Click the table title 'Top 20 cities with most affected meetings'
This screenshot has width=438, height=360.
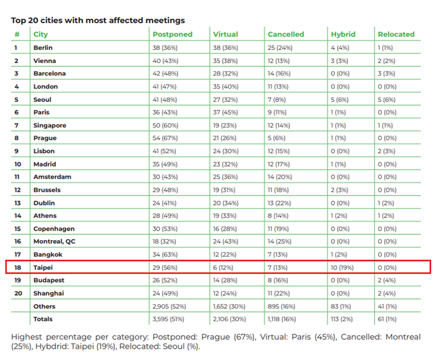[98, 21]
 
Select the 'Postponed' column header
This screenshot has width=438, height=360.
[173, 34]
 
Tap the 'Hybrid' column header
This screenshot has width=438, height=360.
[343, 34]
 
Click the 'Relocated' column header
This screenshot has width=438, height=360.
[396, 34]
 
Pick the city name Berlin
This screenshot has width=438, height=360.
[43, 47]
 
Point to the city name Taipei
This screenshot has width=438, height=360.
[43, 267]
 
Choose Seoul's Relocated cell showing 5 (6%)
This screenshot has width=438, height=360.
[388, 99]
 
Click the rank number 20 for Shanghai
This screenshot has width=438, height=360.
[18, 293]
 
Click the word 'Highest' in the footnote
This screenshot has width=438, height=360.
[29, 337]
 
